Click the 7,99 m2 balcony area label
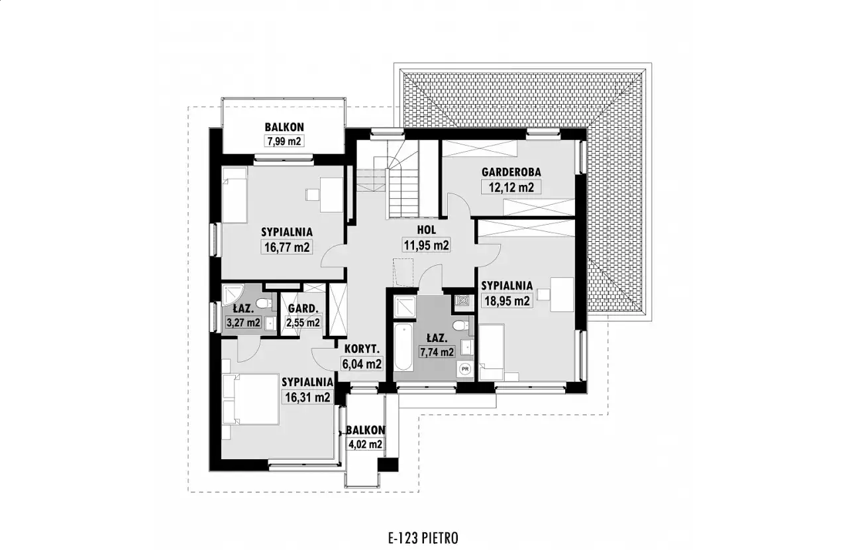[x=284, y=141]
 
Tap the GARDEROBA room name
[x=511, y=172]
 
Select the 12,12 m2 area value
[x=511, y=187]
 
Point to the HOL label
[x=427, y=229]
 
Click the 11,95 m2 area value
[x=427, y=245]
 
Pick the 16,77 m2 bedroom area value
[x=287, y=247]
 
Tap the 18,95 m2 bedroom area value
[x=507, y=301]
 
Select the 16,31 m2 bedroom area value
[x=308, y=398]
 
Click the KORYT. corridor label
[x=362, y=349]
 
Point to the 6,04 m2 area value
[x=362, y=364]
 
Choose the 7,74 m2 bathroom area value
[x=437, y=352]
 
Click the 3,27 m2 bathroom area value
[x=243, y=323]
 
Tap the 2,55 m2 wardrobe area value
[x=303, y=323]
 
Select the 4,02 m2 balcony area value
[x=365, y=444]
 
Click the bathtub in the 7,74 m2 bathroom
[x=403, y=347]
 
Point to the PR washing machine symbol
[x=465, y=368]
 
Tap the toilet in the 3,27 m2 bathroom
[x=264, y=303]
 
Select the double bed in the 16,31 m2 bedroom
[x=250, y=399]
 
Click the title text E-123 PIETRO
[x=423, y=538]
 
